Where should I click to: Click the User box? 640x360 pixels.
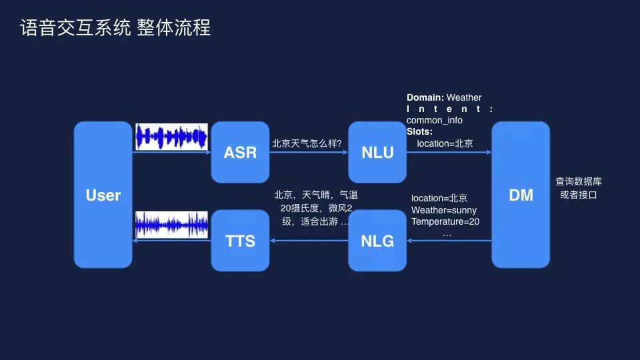(103, 195)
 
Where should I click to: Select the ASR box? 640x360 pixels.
(240, 152)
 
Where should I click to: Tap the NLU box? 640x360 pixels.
(377, 152)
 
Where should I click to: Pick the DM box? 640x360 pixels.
(521, 195)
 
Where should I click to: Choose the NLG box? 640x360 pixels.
(377, 241)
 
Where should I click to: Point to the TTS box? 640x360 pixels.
(240, 241)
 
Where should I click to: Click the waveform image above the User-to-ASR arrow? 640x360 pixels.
(171, 137)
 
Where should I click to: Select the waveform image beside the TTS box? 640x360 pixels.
(171, 225)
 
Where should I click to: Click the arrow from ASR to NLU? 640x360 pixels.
(309, 153)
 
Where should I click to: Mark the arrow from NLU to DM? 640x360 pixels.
(449, 153)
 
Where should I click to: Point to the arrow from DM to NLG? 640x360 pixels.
(449, 241)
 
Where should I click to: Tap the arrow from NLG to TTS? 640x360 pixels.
(309, 241)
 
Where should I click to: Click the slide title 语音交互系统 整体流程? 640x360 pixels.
(115, 28)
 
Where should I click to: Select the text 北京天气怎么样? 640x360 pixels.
(307, 143)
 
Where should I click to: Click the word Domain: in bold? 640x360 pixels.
(425, 97)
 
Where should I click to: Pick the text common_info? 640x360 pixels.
(434, 120)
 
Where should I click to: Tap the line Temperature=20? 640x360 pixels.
(445, 221)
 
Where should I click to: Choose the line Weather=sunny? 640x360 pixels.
(444, 210)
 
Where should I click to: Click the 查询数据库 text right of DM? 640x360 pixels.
(579, 181)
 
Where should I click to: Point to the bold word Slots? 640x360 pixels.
(419, 131)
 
